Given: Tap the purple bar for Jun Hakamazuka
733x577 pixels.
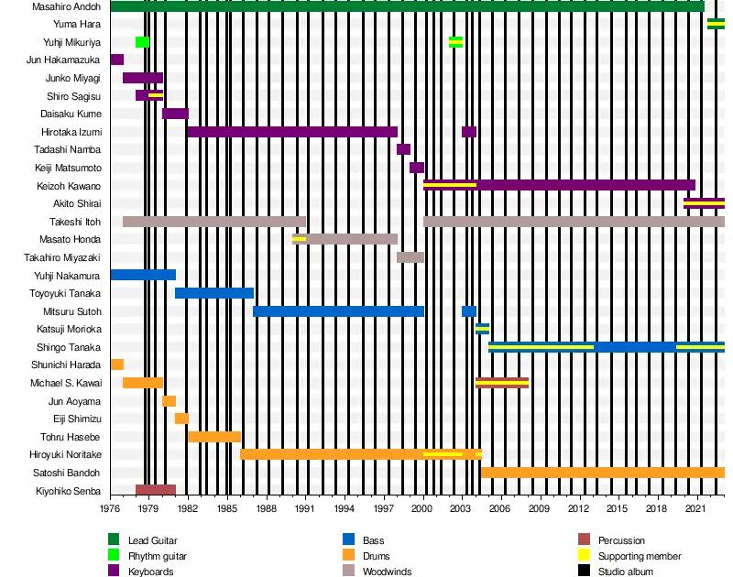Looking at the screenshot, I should click(116, 60).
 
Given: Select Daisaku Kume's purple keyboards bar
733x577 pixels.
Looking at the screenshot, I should click(175, 114).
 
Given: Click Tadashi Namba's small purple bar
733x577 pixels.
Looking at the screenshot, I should click(403, 149).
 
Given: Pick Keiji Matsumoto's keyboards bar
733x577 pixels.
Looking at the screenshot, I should click(417, 168).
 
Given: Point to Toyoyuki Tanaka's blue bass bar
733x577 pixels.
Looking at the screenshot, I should click(213, 293).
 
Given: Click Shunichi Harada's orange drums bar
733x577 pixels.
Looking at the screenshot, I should click(116, 365).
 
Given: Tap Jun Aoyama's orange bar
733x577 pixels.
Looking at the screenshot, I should click(169, 401).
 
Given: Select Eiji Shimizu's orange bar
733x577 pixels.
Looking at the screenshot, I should click(181, 419).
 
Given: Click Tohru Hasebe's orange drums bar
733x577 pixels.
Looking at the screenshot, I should click(213, 437).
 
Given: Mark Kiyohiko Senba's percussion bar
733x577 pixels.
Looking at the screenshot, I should click(155, 490).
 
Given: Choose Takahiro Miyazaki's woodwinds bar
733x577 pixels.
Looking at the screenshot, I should click(410, 257).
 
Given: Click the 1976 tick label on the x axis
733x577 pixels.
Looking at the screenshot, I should click(110, 507).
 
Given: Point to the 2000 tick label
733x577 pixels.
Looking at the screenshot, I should click(422, 507).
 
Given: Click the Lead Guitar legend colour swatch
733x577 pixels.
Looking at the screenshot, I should click(114, 540).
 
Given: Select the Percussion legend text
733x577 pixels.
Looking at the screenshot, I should click(621, 540).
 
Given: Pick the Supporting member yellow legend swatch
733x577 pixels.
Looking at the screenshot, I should click(584, 556).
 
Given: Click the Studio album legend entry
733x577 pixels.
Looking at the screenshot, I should click(626, 572).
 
